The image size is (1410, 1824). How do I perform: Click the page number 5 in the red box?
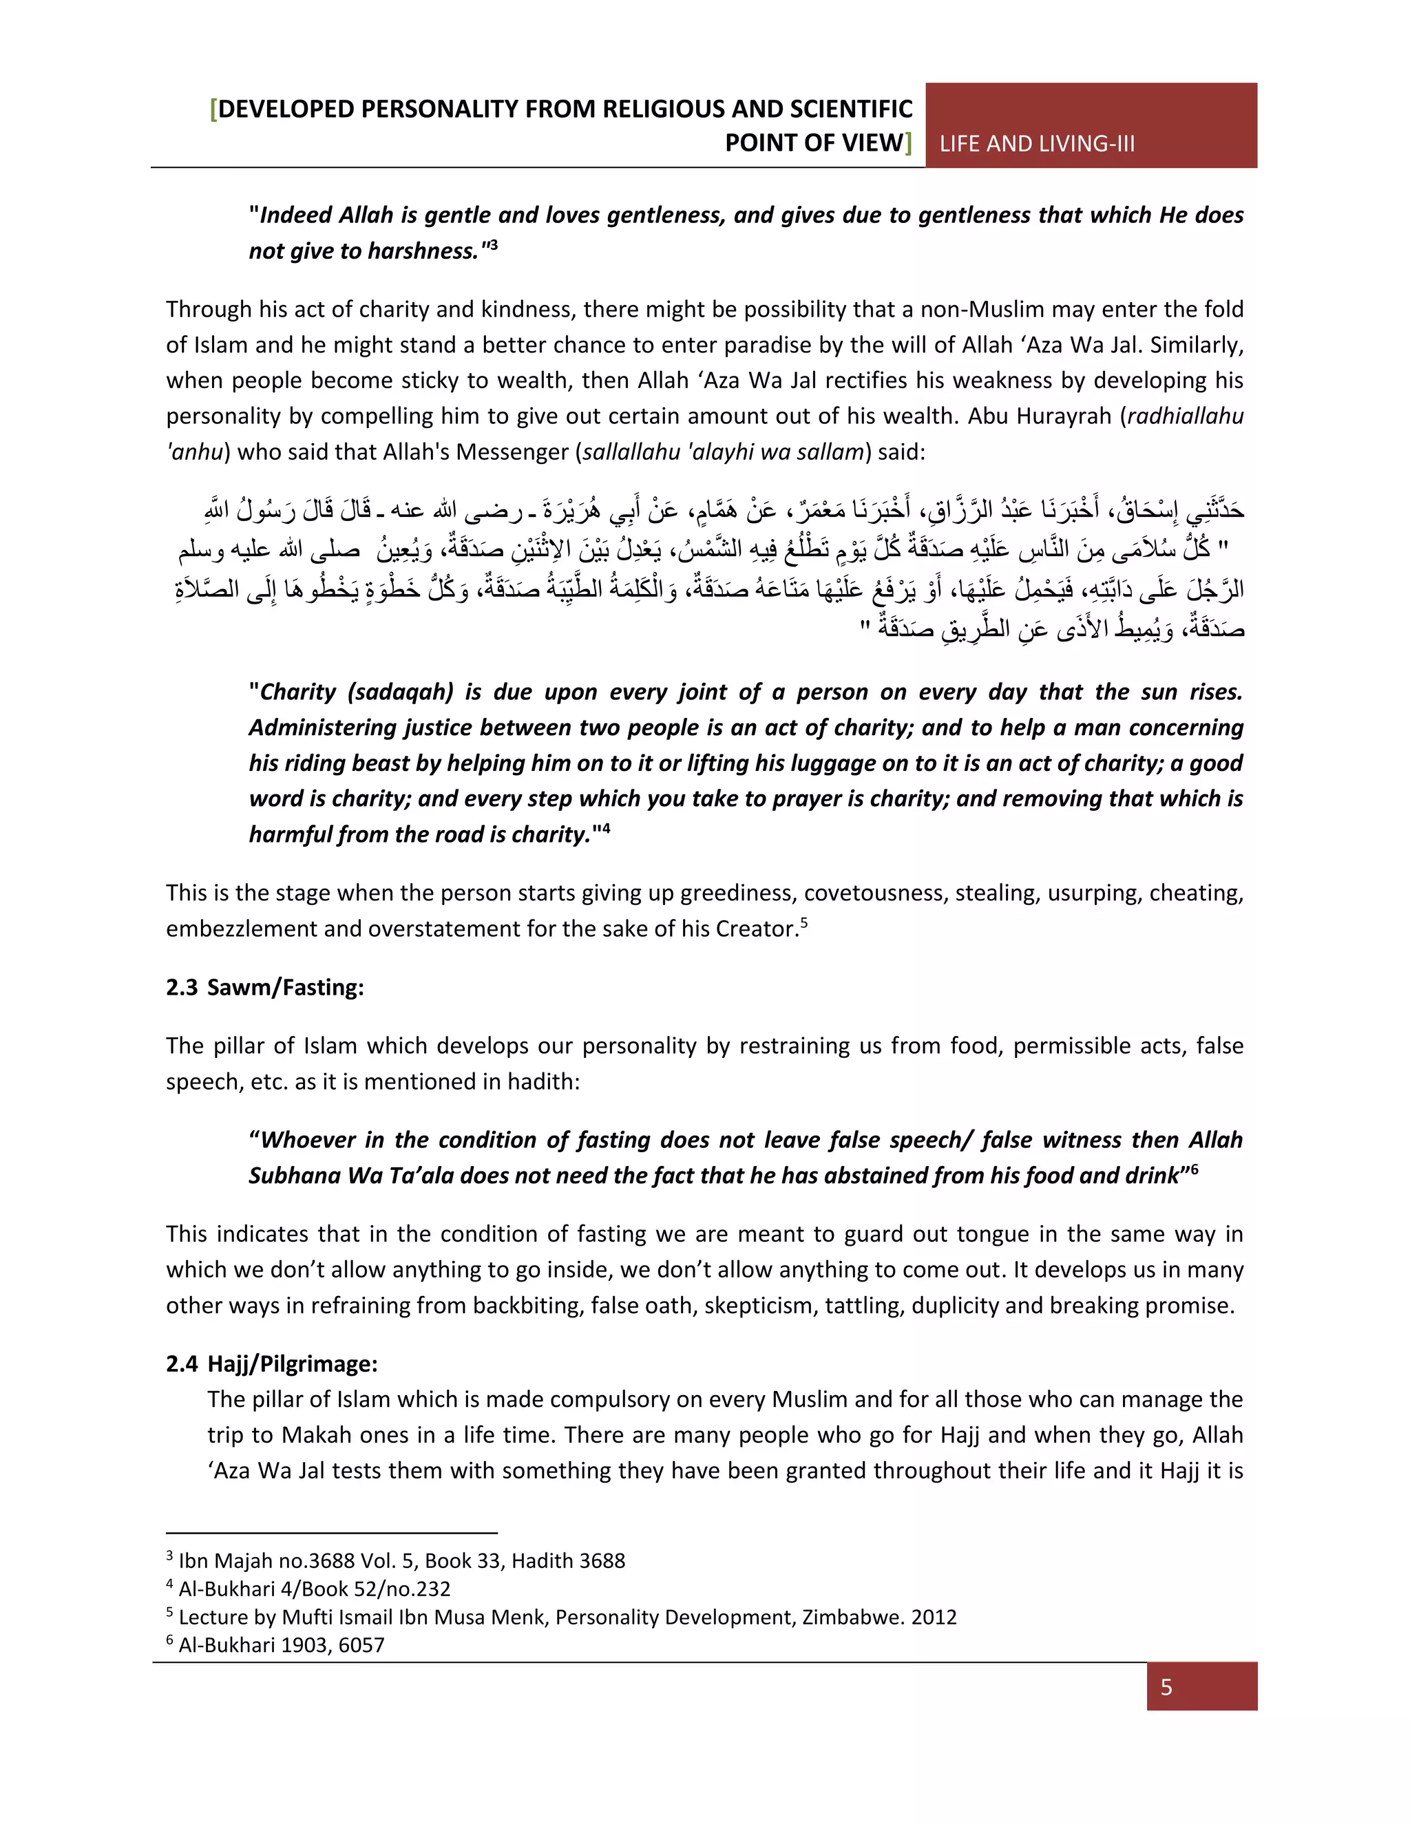1166,1687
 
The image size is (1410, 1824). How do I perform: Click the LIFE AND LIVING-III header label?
1037,144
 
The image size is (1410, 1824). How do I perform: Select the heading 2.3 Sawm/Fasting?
265,987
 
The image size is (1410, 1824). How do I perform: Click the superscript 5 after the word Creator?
803,922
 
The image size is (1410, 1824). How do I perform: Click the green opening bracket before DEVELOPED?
214,109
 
